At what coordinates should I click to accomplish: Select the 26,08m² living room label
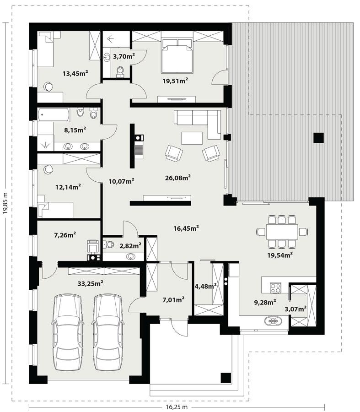(177, 177)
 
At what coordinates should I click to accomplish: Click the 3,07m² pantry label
(295, 309)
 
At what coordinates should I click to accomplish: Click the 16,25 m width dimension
(176, 407)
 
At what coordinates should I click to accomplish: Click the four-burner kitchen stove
(276, 287)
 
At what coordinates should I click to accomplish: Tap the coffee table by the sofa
(192, 138)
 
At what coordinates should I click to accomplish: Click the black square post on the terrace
(318, 137)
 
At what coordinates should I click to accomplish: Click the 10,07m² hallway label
(121, 182)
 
